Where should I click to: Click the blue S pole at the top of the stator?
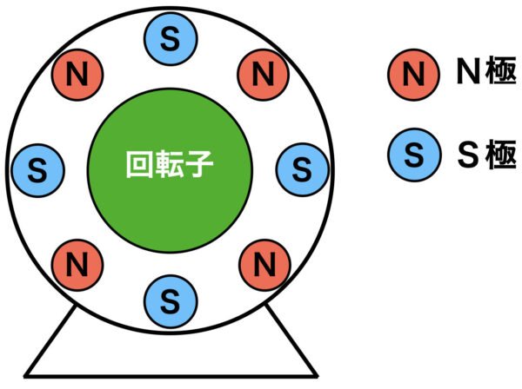coord(171,39)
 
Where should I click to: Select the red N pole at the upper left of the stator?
coord(77,75)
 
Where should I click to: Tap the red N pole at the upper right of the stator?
coord(263,75)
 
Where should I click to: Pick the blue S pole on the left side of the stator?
coord(37,171)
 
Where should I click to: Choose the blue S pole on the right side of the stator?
coord(302,169)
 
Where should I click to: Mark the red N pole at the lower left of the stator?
coord(77,265)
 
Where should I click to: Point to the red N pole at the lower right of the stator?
coord(265,265)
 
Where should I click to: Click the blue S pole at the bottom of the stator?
coord(171,301)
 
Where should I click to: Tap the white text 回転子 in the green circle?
coord(170,164)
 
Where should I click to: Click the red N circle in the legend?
coord(413,75)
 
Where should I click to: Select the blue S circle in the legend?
coord(414,155)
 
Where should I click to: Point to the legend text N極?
coord(486,70)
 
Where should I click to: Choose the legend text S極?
coord(486,155)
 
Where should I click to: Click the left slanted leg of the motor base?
coord(50,340)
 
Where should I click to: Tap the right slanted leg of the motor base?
coord(291,340)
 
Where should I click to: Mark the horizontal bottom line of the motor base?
coord(171,376)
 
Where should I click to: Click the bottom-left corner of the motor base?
coord(24,377)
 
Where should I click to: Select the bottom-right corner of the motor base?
coord(318,377)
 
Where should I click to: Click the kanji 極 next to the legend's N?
coord(501,70)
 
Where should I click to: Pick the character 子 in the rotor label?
coord(198,164)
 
